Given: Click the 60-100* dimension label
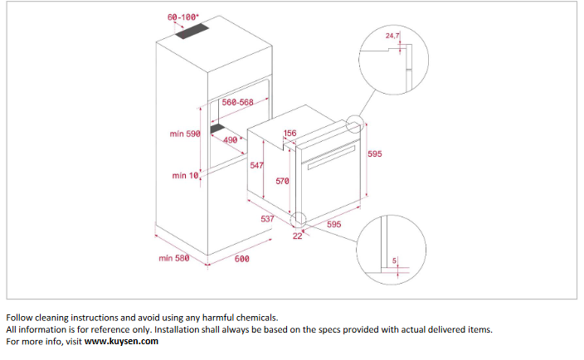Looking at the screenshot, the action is [x=182, y=17].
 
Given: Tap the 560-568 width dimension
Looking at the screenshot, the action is [x=237, y=102].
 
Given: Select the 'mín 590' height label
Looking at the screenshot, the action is [x=185, y=134].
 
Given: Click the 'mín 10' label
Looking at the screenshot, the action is [x=185, y=175].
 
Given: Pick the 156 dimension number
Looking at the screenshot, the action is [x=290, y=133].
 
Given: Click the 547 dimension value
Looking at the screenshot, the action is [x=256, y=165].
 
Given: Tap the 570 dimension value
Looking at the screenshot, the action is [x=282, y=181].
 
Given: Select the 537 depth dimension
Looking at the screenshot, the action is [x=267, y=218].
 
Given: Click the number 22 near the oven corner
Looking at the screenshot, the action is [x=297, y=236].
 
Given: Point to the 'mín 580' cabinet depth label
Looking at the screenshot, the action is [x=174, y=258].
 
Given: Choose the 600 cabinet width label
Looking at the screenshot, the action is [x=241, y=259].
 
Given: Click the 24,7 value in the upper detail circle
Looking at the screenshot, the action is [x=392, y=36].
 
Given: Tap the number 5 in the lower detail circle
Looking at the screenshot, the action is [x=394, y=261].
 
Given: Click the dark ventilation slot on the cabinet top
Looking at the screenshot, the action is [x=192, y=32].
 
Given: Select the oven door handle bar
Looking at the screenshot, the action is [x=331, y=157].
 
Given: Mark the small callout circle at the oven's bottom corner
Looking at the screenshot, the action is [x=299, y=220].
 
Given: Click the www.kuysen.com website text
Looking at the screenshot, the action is [x=121, y=342].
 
